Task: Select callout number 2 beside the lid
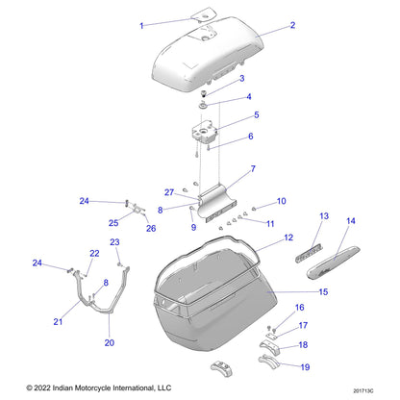[x=292, y=26]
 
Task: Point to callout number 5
[x=255, y=115]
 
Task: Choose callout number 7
[x=252, y=169]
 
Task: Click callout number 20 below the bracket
[x=108, y=342]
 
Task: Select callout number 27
[x=167, y=191]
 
